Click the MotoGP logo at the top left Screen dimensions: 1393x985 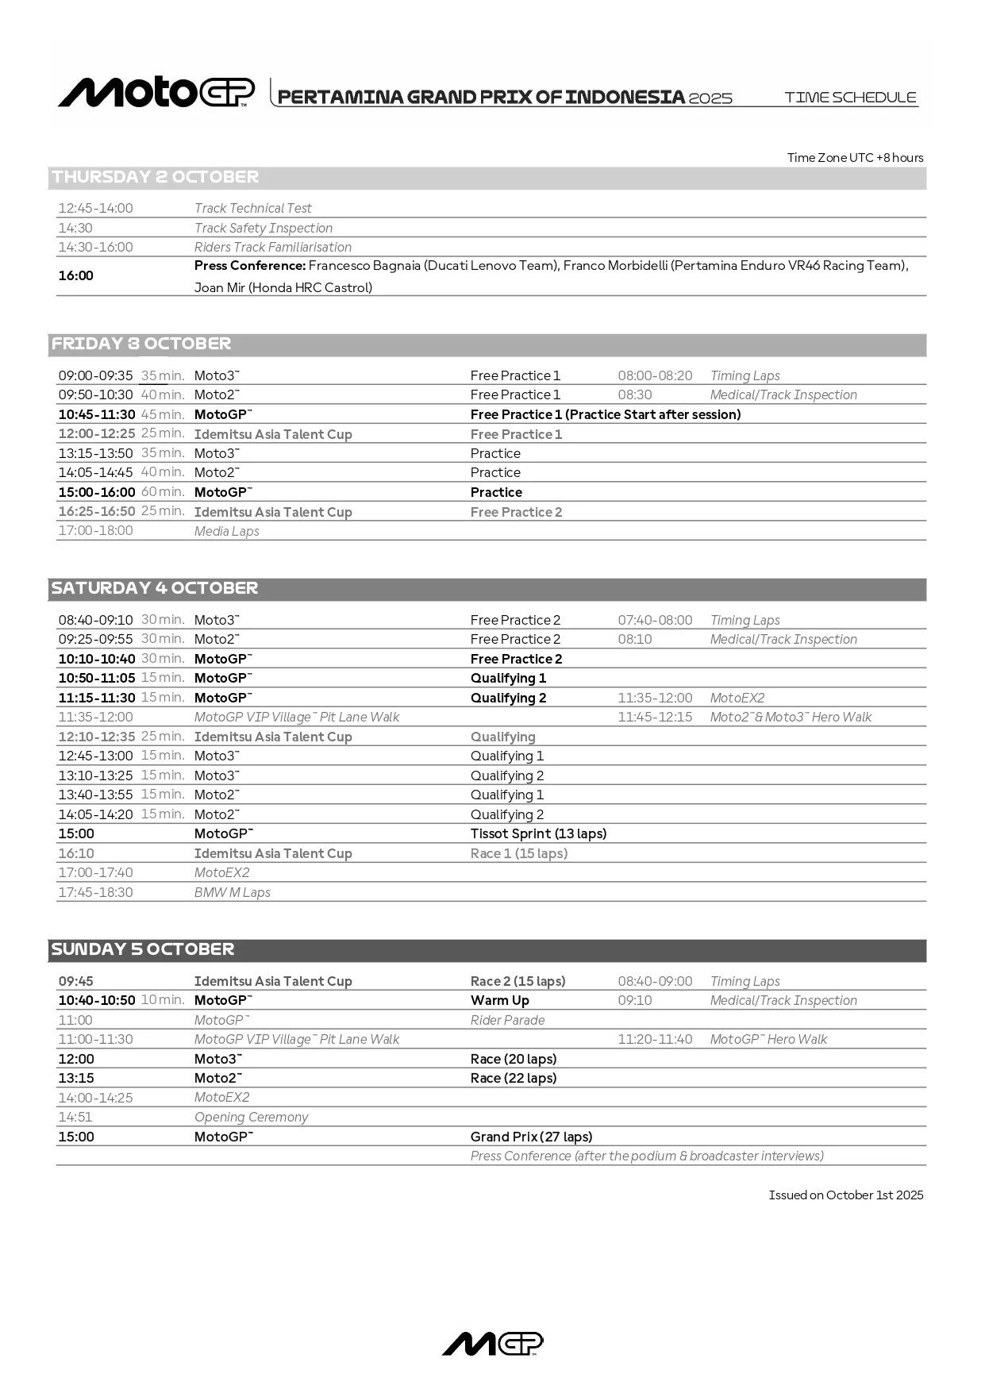(x=156, y=93)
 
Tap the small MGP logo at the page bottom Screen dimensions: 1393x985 (x=492, y=1344)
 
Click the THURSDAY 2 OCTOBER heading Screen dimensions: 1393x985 (x=156, y=177)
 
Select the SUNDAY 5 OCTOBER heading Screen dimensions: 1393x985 (x=143, y=949)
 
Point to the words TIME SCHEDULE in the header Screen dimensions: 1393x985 (x=850, y=98)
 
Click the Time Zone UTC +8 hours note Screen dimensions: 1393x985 (x=855, y=157)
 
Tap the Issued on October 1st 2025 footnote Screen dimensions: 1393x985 (x=845, y=1195)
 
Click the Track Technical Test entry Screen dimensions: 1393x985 (x=252, y=208)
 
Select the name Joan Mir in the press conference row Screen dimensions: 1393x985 (x=220, y=287)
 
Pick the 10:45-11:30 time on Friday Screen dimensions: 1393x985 (x=97, y=414)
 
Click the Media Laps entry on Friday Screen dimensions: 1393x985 (x=227, y=531)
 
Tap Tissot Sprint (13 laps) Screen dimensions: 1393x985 (x=538, y=833)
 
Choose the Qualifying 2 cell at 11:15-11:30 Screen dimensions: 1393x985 (x=508, y=698)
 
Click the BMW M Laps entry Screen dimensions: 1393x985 (x=233, y=892)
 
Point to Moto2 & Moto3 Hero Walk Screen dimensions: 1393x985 (x=791, y=717)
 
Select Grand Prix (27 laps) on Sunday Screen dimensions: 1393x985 (x=531, y=1137)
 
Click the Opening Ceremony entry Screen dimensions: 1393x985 (x=251, y=1117)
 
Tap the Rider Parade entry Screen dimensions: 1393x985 (x=507, y=1020)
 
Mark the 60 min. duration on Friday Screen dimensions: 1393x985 (x=163, y=492)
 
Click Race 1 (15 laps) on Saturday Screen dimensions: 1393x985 (x=519, y=853)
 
